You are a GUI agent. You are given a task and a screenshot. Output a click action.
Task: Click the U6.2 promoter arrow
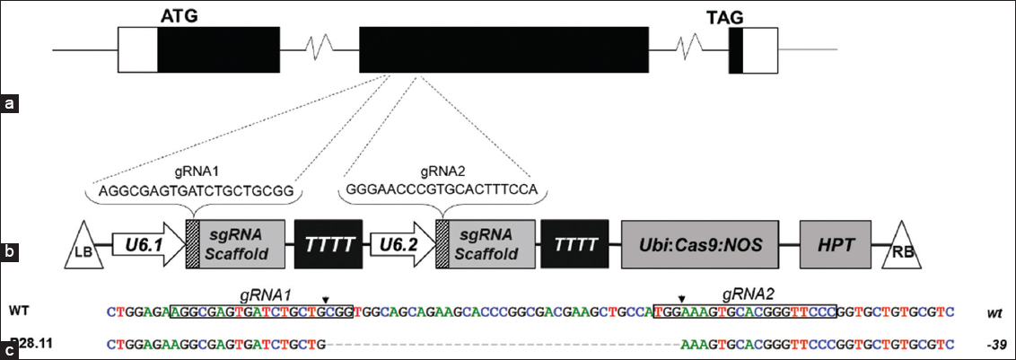(x=396, y=242)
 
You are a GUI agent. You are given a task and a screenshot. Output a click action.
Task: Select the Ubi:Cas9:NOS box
(x=700, y=243)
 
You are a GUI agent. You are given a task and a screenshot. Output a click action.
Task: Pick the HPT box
(x=834, y=243)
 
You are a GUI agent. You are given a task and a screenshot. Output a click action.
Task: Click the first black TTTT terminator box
(x=328, y=243)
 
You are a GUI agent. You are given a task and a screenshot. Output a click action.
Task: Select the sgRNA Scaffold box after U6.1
(x=241, y=243)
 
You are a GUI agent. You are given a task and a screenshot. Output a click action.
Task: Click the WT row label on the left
(x=21, y=312)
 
